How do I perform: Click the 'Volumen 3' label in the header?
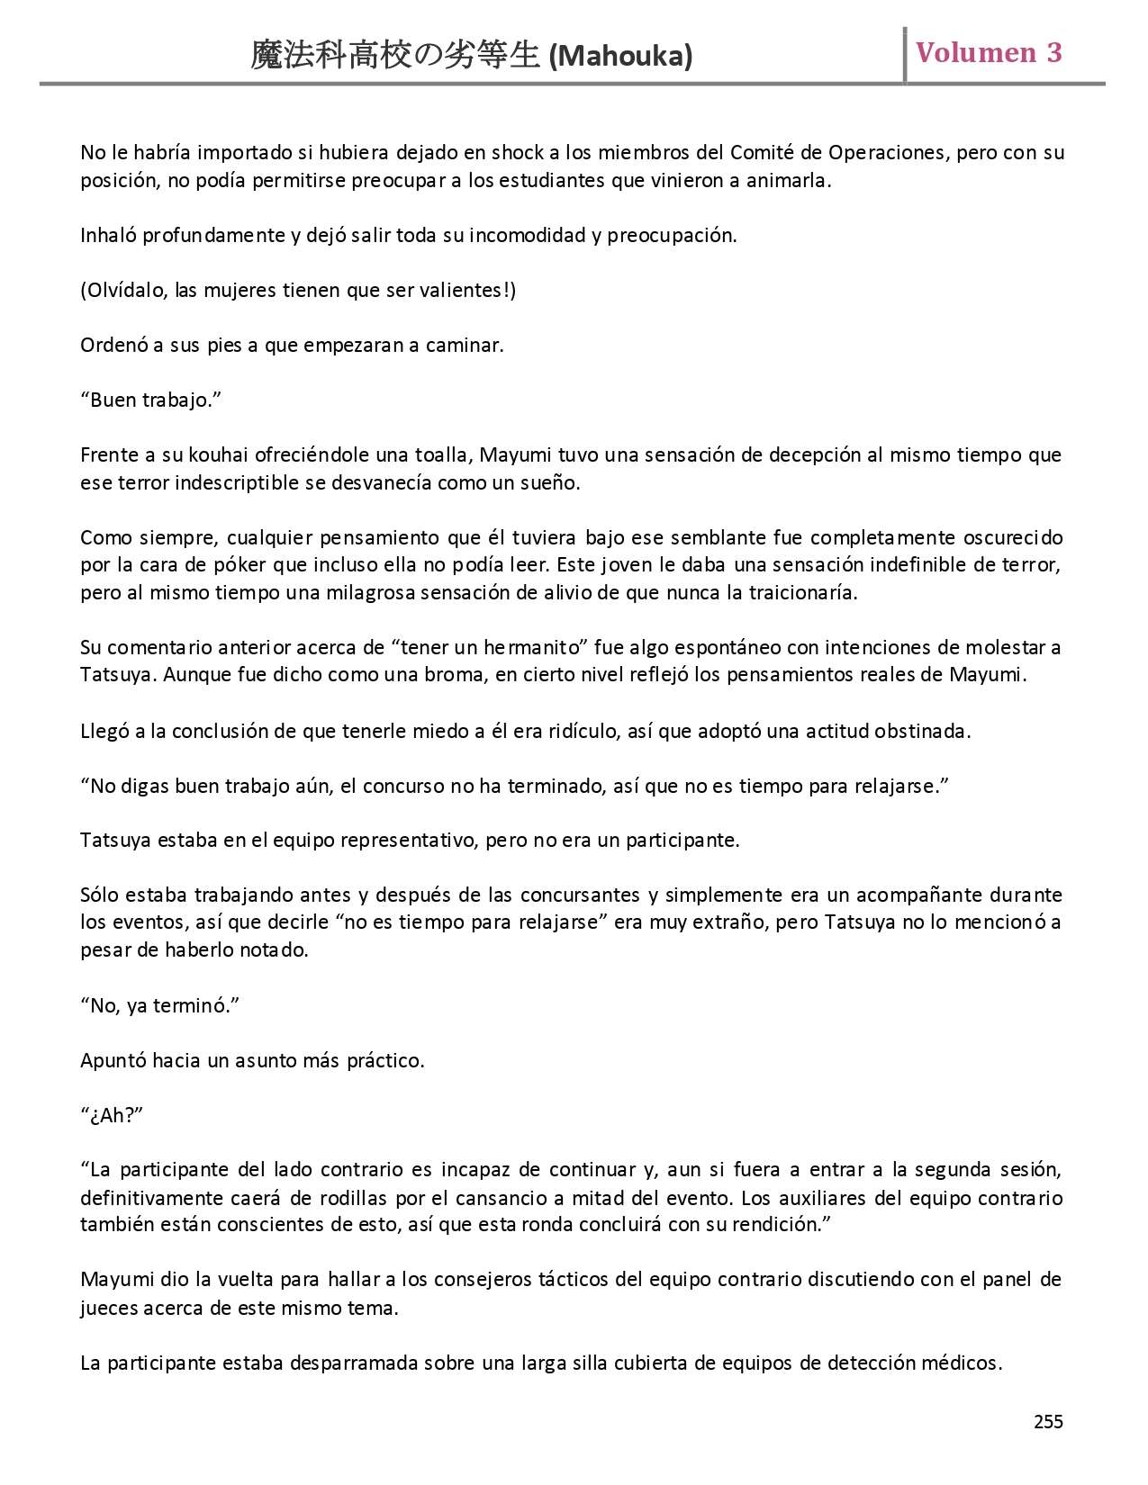[x=988, y=52]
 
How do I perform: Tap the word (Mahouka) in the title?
[x=620, y=57]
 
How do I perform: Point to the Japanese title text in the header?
[x=395, y=57]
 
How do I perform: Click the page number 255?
[x=1048, y=1422]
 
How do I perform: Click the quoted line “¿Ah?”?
[x=112, y=1115]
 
